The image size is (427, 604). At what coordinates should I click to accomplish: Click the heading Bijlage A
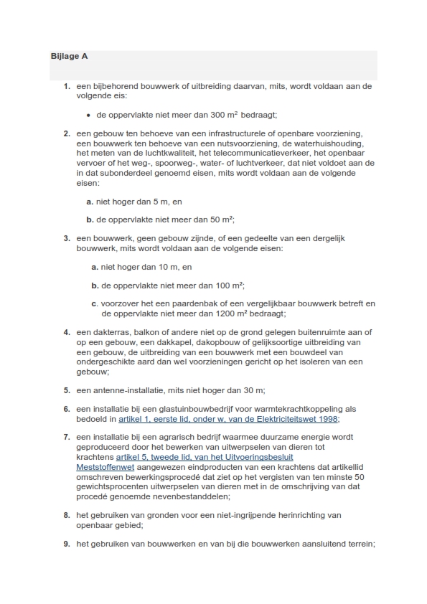tap(70, 56)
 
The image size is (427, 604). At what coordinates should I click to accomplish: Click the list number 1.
tap(66, 86)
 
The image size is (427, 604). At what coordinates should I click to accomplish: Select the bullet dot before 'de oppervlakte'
tap(88, 115)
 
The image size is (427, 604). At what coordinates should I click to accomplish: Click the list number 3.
tap(66, 238)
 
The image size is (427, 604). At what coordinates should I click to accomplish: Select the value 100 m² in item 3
tap(227, 285)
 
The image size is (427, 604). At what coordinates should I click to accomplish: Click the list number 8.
tap(66, 515)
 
